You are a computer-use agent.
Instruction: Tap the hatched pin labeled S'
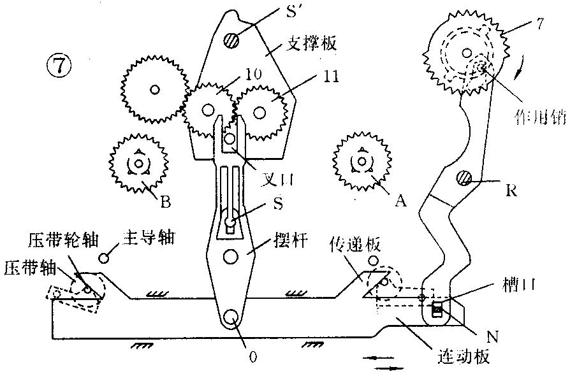click(231, 40)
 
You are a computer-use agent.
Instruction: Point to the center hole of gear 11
click(259, 112)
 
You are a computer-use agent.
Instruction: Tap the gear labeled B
click(138, 163)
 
